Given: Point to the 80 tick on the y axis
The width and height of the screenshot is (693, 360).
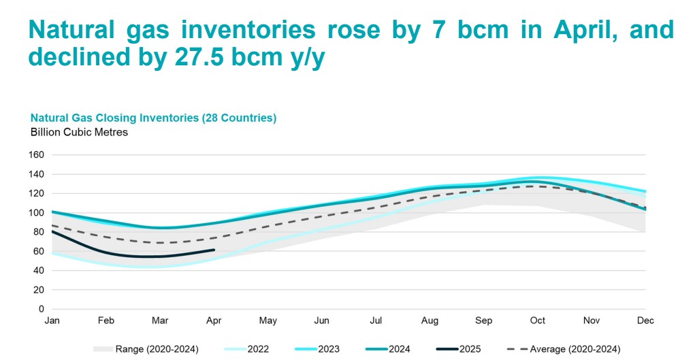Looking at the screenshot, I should point(37,232).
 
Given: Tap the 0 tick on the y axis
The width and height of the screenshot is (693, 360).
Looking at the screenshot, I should point(40,309).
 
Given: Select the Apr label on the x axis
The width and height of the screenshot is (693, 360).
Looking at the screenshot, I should point(214,320).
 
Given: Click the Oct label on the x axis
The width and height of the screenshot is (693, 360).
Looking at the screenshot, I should point(538,320).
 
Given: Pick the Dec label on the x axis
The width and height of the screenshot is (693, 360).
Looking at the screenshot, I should point(645,320).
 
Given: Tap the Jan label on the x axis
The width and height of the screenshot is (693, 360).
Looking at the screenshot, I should point(52,320).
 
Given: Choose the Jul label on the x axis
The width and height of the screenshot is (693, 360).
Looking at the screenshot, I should point(375,320).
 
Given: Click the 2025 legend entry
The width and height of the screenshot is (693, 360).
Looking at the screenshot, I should point(470,349).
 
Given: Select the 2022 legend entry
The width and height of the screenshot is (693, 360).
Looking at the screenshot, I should point(257,349).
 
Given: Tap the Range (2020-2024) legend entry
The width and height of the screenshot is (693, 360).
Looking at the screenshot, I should point(157,349).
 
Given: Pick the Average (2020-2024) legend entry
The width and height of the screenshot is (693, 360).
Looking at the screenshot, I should point(576,349).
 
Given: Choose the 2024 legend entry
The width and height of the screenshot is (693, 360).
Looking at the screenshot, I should point(399,349).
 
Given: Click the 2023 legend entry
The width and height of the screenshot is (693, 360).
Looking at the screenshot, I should point(328,349).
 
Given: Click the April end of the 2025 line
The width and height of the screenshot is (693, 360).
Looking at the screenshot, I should point(214,250).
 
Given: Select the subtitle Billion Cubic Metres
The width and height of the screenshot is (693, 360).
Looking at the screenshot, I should point(79,132).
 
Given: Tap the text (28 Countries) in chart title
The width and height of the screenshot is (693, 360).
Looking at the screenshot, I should point(238,118).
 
